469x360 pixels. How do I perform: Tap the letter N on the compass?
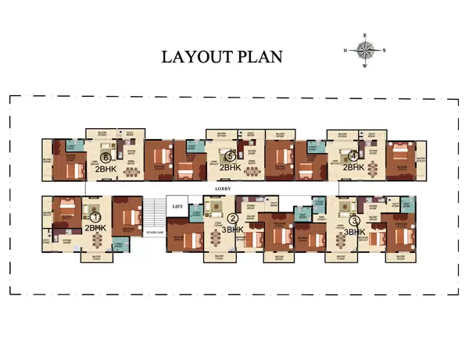pyautogui.click(x=345, y=50)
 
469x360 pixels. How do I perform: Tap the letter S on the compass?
pyautogui.click(x=384, y=50)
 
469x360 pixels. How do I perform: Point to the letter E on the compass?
pyautogui.click(x=365, y=35)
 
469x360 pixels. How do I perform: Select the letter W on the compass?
pyautogui.click(x=365, y=66)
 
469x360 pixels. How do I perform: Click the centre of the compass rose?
pyautogui.click(x=365, y=50)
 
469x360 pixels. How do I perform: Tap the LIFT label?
pyautogui.click(x=178, y=206)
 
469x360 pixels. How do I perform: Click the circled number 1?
pyautogui.click(x=95, y=217)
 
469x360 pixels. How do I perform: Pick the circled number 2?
pyautogui.click(x=233, y=219)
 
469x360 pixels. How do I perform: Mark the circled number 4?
pyautogui.click(x=353, y=155)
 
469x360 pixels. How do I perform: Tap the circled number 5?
pyautogui.click(x=230, y=156)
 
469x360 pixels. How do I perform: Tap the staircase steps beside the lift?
pyautogui.click(x=154, y=215)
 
